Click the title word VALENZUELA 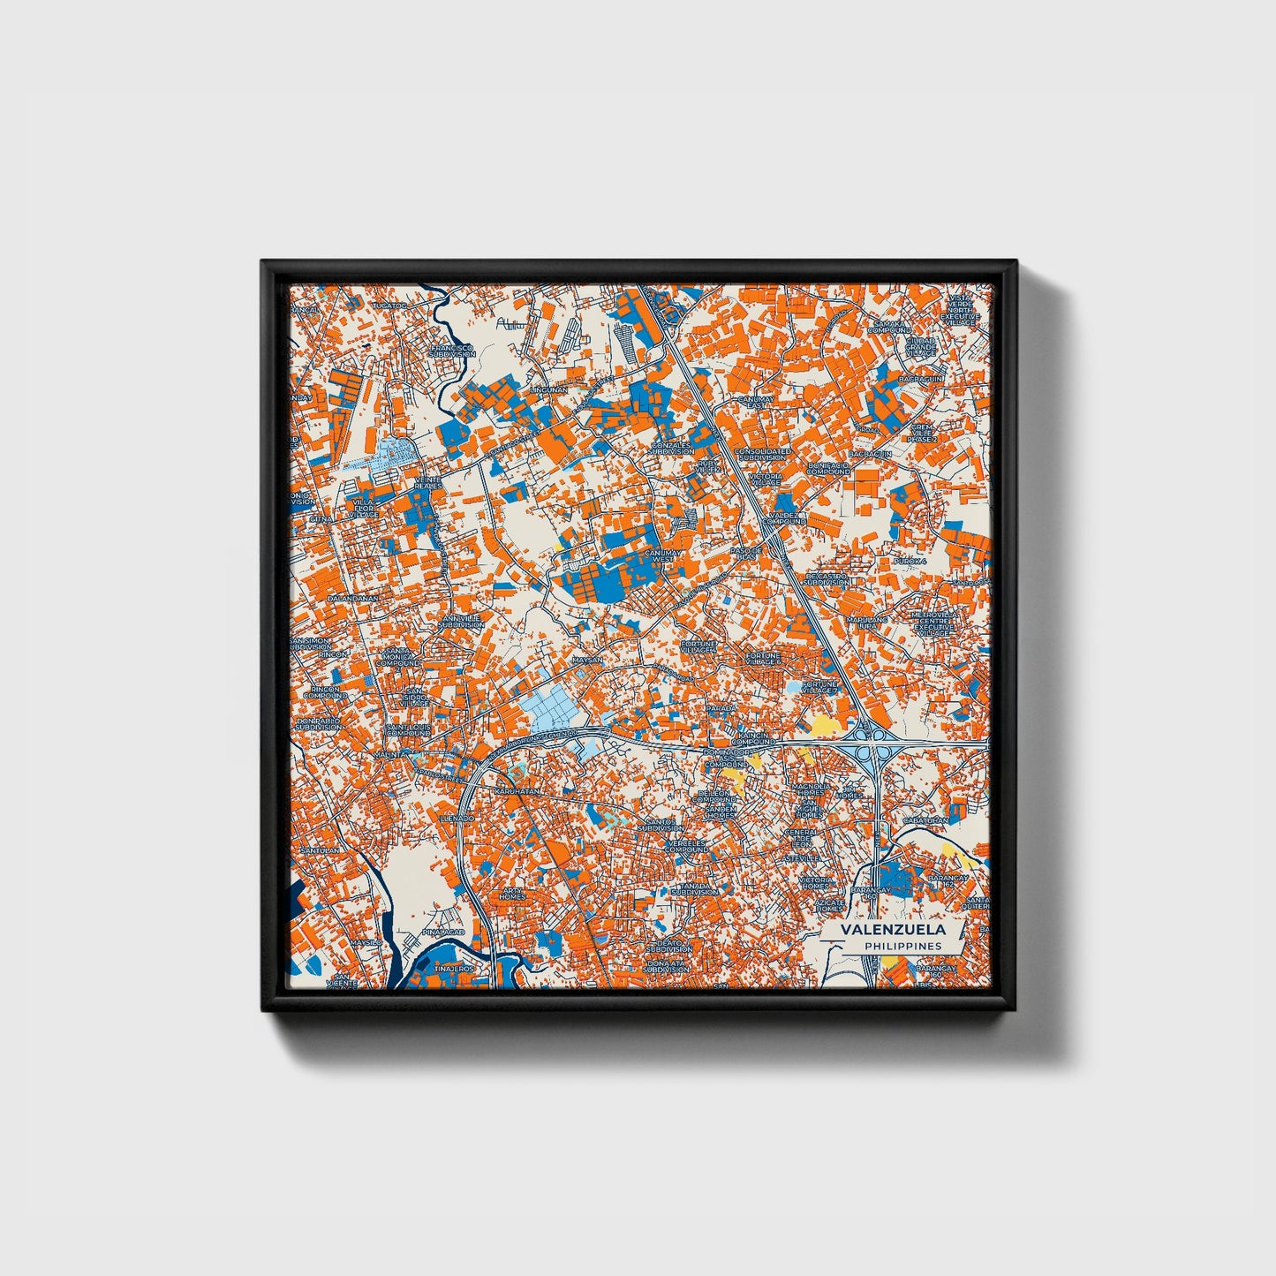(892, 930)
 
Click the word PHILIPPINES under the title (902, 946)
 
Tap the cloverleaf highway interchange (871, 744)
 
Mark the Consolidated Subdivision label (761, 454)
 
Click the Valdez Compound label (787, 517)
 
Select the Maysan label (587, 660)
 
